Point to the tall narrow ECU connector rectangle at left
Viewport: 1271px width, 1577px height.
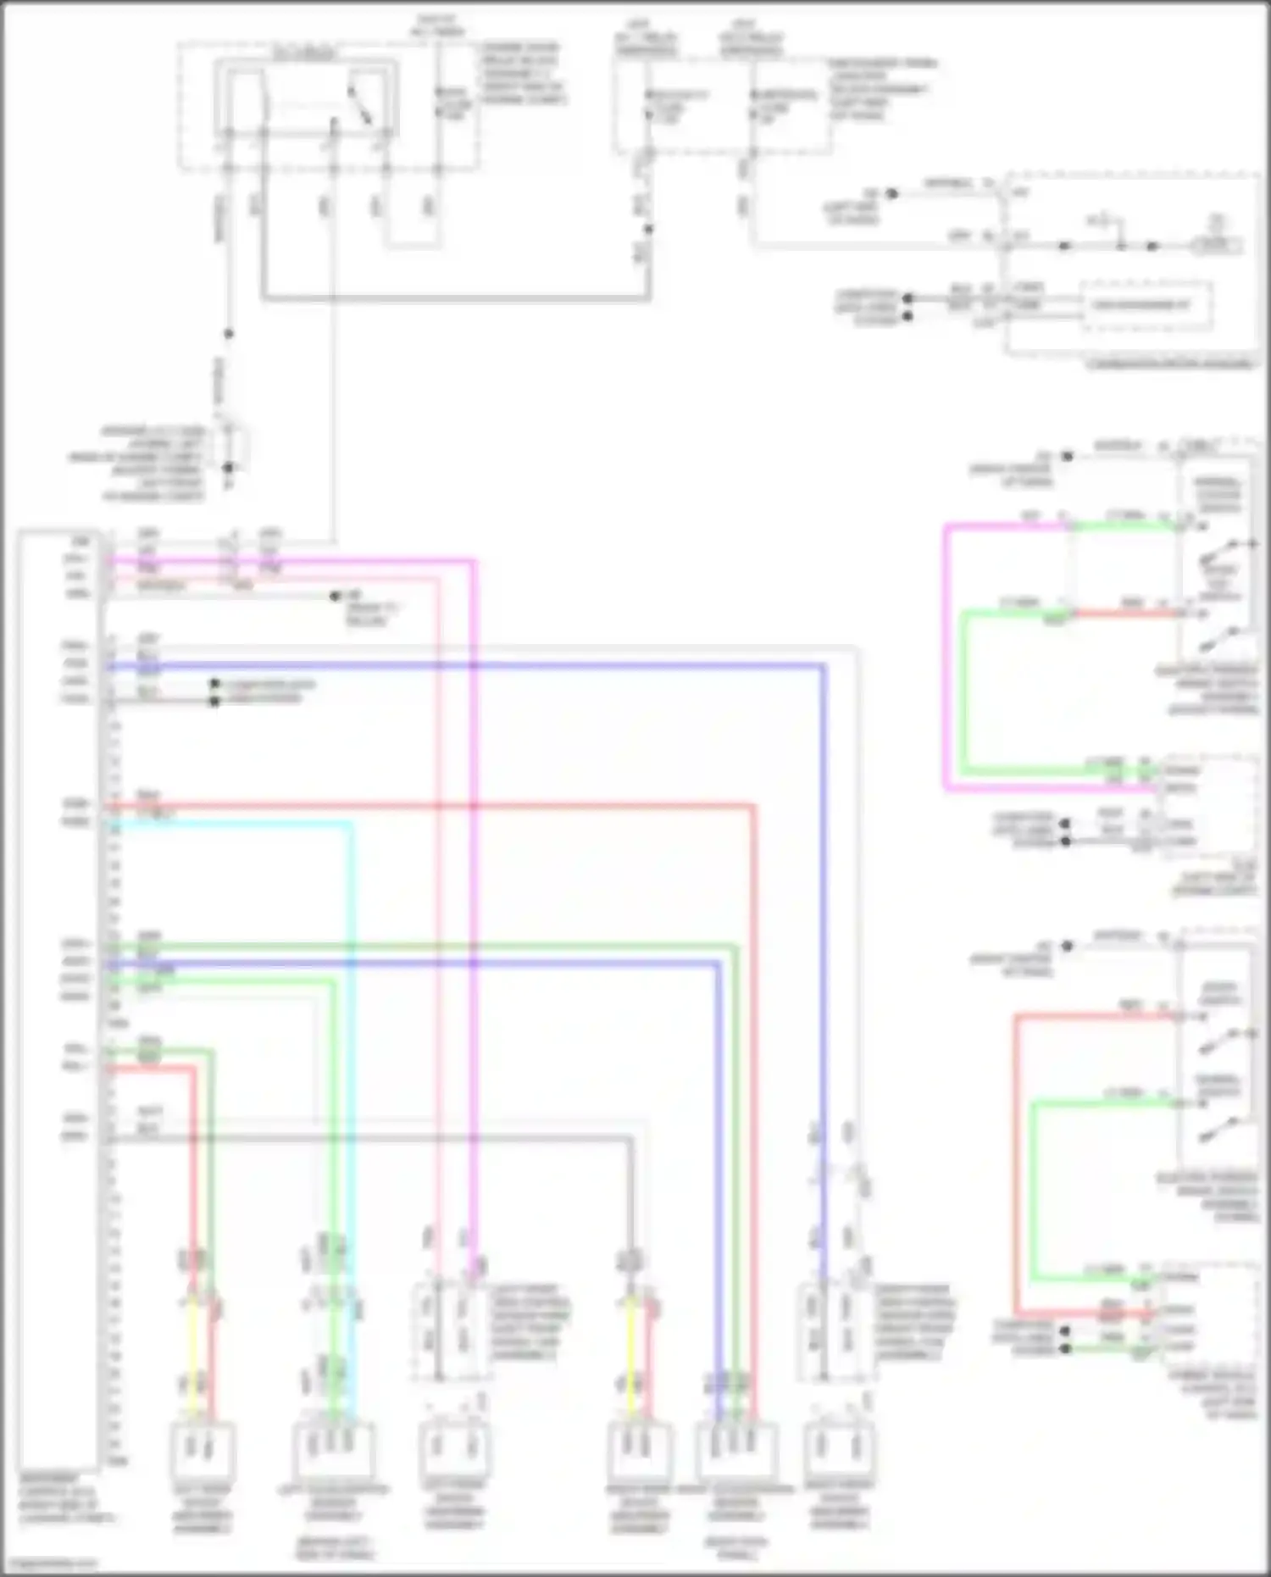pyautogui.click(x=58, y=1000)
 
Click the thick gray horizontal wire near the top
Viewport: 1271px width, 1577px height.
pyautogui.click(x=458, y=298)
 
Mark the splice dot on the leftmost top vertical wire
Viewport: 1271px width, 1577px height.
pyautogui.click(x=228, y=334)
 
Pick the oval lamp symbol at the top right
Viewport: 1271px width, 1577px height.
pyautogui.click(x=1217, y=246)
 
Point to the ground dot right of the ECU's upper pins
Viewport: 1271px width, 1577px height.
pyautogui.click(x=336, y=596)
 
